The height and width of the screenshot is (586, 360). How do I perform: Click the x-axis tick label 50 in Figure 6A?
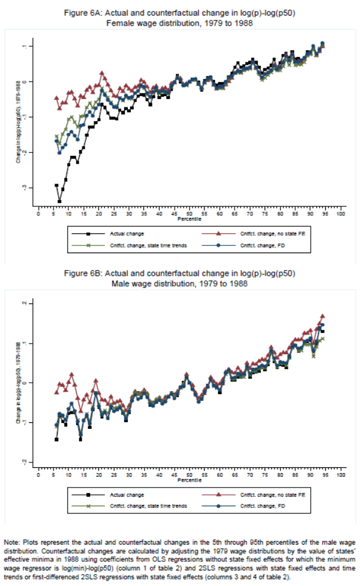pyautogui.click(x=189, y=214)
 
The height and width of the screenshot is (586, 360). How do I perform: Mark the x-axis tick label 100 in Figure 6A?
pyautogui.click(x=341, y=214)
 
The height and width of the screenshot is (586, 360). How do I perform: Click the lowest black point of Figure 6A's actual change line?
pyautogui.click(x=59, y=201)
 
